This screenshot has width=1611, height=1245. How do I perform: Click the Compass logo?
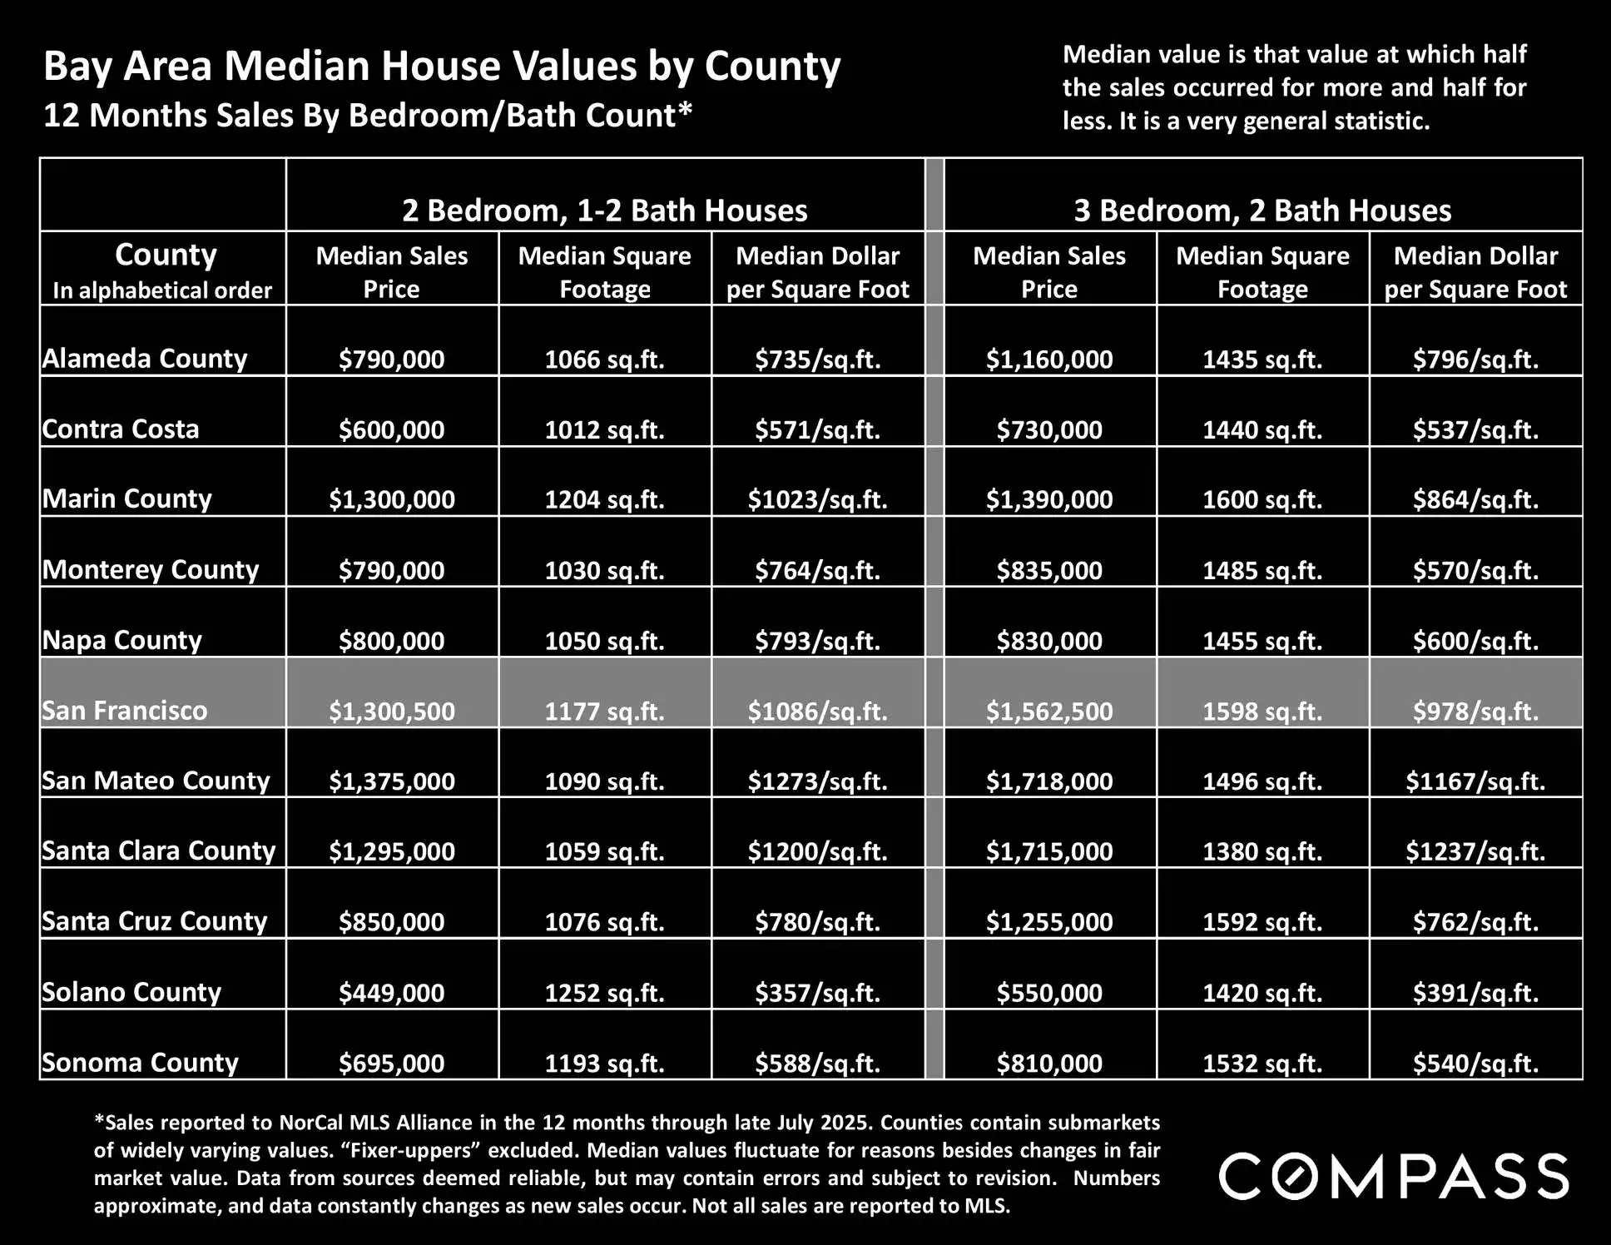(x=1394, y=1176)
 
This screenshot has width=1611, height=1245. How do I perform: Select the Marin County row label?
(x=127, y=498)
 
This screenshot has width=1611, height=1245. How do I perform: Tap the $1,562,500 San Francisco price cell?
(x=1049, y=711)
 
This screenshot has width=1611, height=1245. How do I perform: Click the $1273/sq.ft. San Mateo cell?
(x=817, y=781)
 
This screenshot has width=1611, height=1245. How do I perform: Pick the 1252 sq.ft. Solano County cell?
(x=604, y=992)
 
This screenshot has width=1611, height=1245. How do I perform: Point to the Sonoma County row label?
(x=140, y=1063)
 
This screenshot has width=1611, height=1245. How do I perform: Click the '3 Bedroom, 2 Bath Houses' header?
(x=1262, y=211)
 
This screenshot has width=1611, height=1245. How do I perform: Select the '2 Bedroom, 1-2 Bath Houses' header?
(x=604, y=211)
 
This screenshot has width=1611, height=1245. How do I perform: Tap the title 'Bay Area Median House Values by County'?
(x=442, y=66)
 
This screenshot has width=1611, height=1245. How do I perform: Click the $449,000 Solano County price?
(x=391, y=992)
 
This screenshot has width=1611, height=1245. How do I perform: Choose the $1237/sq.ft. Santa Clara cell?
(x=1475, y=851)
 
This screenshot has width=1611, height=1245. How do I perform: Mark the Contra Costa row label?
(x=121, y=429)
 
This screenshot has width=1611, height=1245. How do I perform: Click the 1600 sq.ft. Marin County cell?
(x=1262, y=499)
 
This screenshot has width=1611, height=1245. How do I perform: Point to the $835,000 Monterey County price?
(x=1049, y=570)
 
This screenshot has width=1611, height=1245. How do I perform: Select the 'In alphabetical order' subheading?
(x=162, y=290)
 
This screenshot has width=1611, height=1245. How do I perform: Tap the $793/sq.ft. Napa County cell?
(x=817, y=641)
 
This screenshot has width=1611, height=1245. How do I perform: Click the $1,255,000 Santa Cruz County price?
(x=1049, y=921)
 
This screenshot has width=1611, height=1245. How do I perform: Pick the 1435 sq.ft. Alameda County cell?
(x=1262, y=359)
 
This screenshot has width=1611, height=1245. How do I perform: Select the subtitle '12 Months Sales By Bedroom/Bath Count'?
(x=367, y=116)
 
